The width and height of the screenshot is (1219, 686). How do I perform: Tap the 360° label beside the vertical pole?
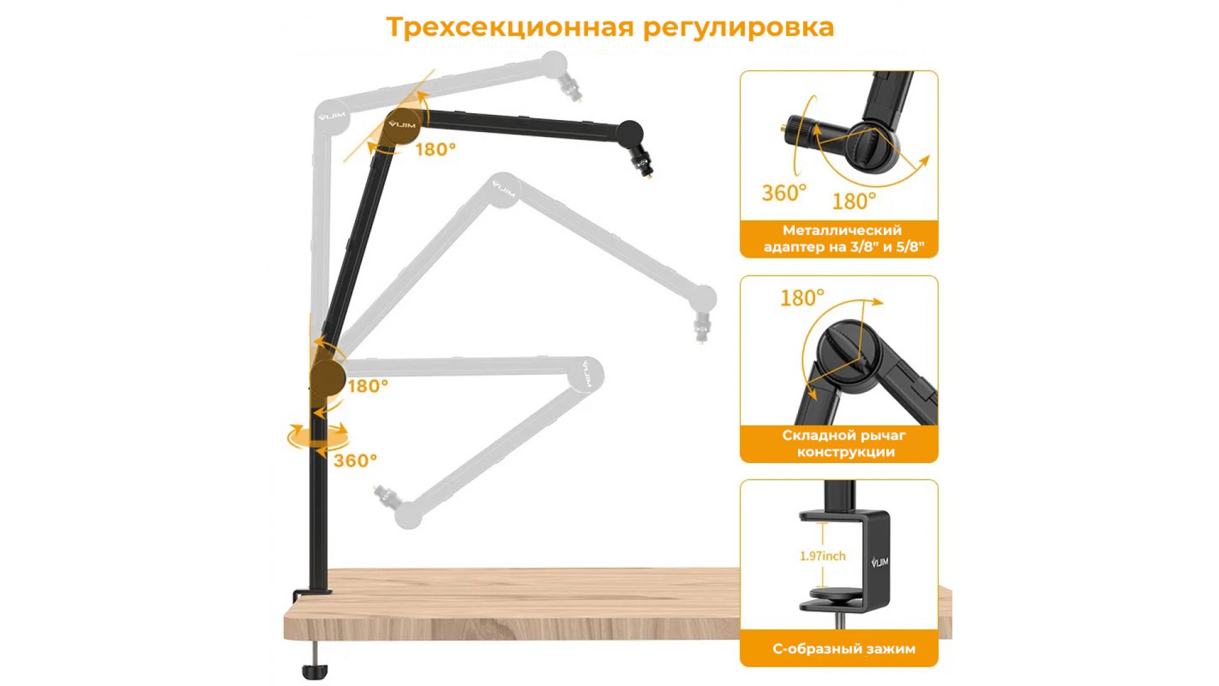click(356, 461)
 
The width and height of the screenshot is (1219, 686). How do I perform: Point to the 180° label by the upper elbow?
click(436, 149)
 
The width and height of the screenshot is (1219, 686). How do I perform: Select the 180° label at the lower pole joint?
click(368, 386)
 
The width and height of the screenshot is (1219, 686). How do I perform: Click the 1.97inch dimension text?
click(823, 556)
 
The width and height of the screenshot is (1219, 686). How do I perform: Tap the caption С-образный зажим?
click(844, 649)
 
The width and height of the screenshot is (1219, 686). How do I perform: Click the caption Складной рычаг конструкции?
click(844, 443)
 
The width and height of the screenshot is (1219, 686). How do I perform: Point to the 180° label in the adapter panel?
click(855, 201)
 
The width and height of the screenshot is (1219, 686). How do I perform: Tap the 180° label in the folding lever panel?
click(803, 298)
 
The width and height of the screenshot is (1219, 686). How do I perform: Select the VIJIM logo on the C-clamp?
click(880, 562)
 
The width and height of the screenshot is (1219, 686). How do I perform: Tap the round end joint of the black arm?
click(630, 133)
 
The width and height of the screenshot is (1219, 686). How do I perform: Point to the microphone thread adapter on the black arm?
click(643, 164)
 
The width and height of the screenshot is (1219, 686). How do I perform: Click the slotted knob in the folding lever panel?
click(849, 354)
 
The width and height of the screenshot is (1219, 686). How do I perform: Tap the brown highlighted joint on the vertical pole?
click(328, 378)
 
